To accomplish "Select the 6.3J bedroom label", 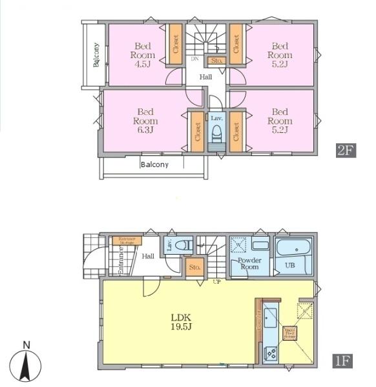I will pyautogui.click(x=145, y=121).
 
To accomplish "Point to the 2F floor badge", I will pyautogui.click(x=346, y=150).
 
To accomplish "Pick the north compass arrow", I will pyautogui.click(x=26, y=366).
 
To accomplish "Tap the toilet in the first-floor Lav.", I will pyautogui.click(x=186, y=245).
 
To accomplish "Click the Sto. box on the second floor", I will pyautogui.click(x=216, y=61).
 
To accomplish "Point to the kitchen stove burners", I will pyautogui.click(x=271, y=353).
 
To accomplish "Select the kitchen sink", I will pyautogui.click(x=271, y=318).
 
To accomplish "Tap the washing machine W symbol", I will pyautogui.click(x=239, y=245).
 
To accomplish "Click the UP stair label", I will pyautogui.click(x=218, y=282).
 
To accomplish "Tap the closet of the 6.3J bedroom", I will pyautogui.click(x=196, y=132).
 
